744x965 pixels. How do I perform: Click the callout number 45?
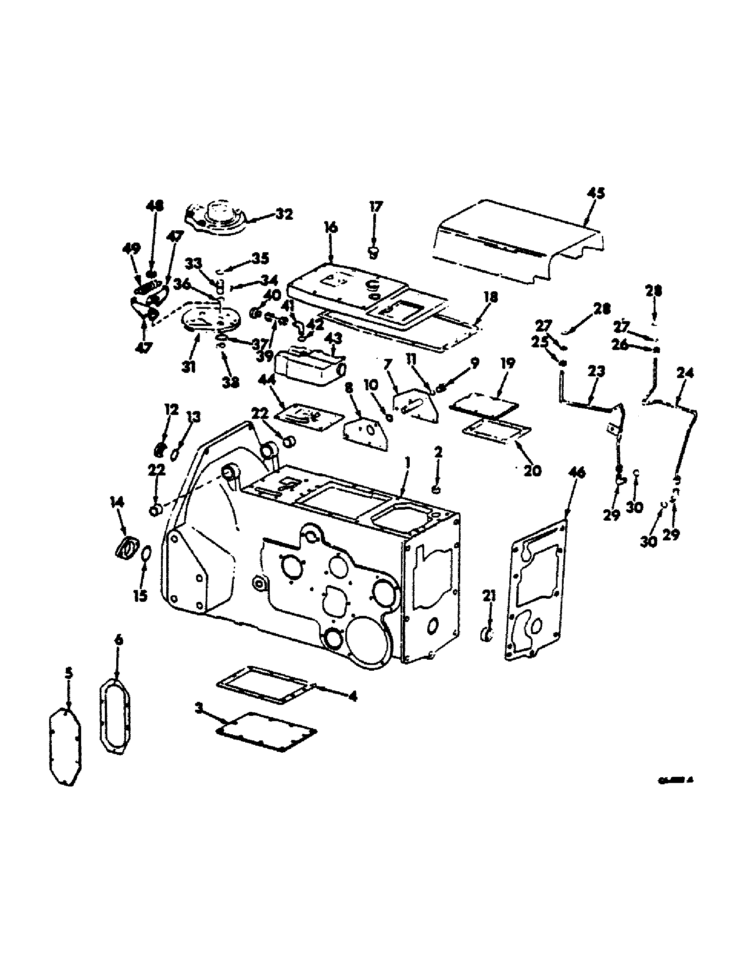click(x=596, y=194)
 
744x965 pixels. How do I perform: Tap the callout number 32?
click(x=284, y=214)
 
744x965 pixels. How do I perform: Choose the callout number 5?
click(x=68, y=673)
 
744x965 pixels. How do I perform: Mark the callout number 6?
click(x=118, y=640)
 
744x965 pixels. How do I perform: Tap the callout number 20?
click(x=533, y=471)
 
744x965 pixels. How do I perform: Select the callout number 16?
click(x=330, y=228)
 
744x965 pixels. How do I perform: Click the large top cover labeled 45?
click(x=517, y=241)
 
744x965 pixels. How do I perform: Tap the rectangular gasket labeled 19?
click(x=483, y=404)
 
